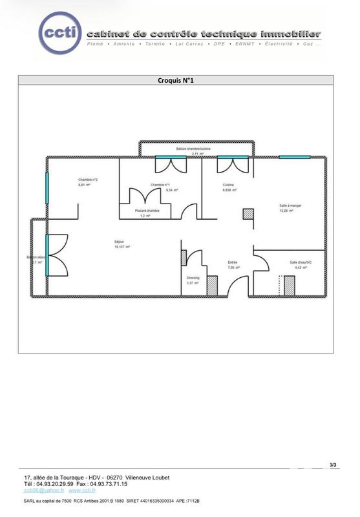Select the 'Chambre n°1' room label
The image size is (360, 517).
click(160, 185)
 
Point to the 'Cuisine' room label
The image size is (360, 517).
click(229, 185)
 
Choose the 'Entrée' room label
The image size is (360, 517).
click(233, 262)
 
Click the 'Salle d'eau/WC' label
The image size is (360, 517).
click(301, 262)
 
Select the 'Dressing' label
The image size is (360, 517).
click(193, 278)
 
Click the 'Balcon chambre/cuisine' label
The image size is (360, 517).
click(193, 149)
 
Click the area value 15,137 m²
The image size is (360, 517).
click(120, 246)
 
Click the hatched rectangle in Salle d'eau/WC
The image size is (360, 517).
click(290, 285)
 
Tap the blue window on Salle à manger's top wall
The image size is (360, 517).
click(294, 157)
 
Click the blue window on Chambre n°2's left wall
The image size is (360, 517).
click(47, 187)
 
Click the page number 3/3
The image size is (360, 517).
click(333, 465)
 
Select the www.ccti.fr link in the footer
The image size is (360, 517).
click(83, 491)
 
